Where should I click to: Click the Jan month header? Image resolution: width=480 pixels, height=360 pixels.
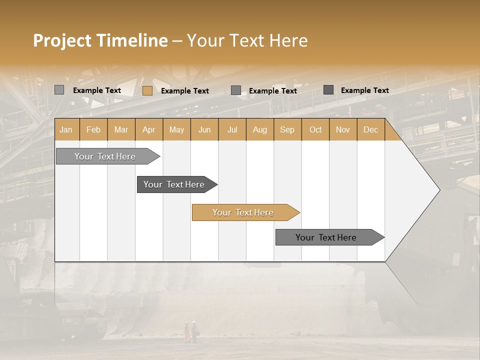coord(66,129)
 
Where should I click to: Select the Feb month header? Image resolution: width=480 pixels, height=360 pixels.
coord(93,129)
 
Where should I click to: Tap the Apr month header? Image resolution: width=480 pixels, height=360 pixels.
coord(148,129)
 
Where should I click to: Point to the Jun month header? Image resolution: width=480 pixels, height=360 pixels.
coord(204,129)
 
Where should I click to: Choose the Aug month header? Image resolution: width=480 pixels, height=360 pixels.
coord(259,129)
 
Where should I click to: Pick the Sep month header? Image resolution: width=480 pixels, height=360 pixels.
coord(287,129)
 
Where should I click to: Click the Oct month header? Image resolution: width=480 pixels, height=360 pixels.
coord(315,129)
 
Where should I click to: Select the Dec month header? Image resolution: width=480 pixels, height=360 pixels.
coord(370,129)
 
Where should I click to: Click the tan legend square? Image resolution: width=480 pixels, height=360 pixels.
coord(147,90)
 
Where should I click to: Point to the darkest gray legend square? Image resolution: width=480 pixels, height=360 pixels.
coord(328,90)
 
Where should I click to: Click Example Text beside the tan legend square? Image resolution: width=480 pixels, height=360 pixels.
coord(185,91)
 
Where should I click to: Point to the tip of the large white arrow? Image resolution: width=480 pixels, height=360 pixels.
coord(438,190)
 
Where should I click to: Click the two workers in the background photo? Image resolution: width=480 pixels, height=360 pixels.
coord(190,331)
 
